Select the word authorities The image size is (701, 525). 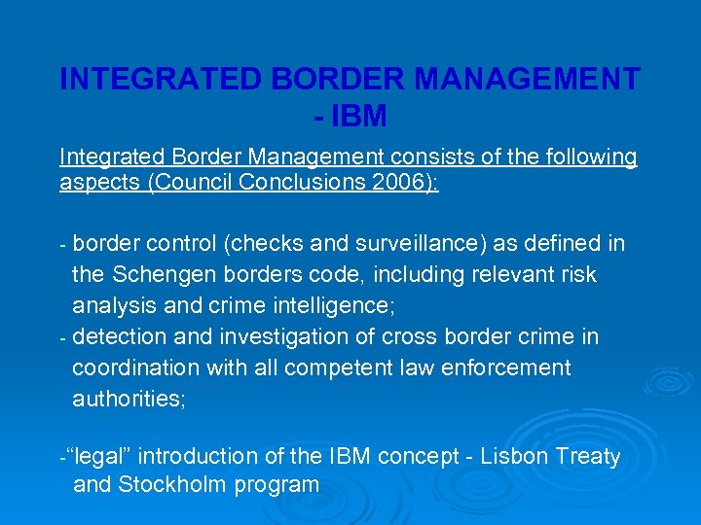pos(126,400)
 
